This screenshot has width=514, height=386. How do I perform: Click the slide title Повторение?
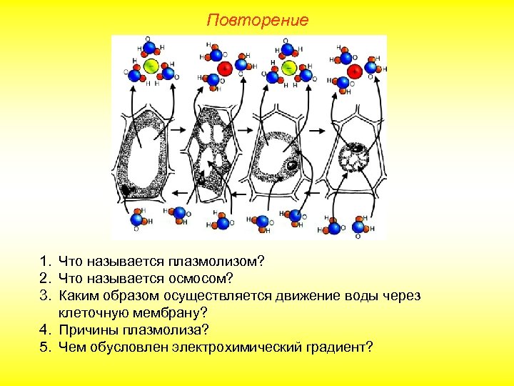coord(257,20)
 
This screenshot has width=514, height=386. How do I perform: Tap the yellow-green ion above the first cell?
coord(151,66)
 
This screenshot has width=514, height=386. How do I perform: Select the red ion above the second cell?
coord(224,69)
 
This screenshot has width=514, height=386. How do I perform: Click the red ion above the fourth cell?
coord(355,71)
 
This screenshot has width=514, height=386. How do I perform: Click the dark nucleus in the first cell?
coord(126,190)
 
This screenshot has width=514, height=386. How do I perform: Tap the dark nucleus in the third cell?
coord(292,167)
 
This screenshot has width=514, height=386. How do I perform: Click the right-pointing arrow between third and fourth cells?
coord(320,129)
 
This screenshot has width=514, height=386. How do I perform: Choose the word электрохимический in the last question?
coord(247,347)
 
